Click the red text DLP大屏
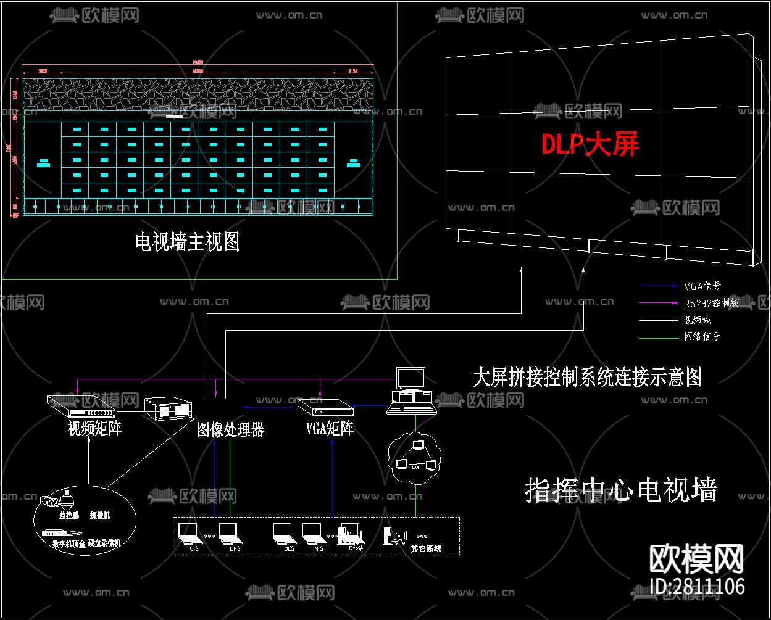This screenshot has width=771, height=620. click(x=590, y=144)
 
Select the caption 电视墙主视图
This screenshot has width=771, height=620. click(x=187, y=242)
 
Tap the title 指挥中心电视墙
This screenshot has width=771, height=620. click(x=621, y=490)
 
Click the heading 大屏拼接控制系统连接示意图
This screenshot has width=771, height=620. click(x=587, y=377)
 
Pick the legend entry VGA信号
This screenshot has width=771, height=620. click(x=702, y=286)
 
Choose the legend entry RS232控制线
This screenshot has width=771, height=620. click(x=711, y=303)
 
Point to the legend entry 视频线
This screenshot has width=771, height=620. click(x=697, y=320)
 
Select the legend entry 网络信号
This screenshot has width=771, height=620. click(x=702, y=336)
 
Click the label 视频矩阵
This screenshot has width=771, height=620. click(x=94, y=428)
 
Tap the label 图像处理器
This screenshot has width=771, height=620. click(x=230, y=430)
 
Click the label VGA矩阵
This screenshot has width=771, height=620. click(x=330, y=428)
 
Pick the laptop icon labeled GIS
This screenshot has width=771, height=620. click(x=188, y=532)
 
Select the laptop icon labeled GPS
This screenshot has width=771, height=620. click(x=229, y=532)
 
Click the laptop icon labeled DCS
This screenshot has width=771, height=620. click(x=284, y=532)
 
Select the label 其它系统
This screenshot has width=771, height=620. click(x=426, y=548)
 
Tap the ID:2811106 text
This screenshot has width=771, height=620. click(x=698, y=586)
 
